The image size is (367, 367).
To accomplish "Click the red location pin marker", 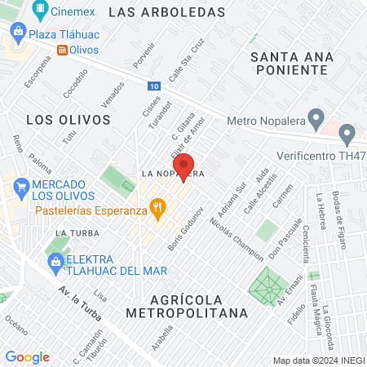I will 185,166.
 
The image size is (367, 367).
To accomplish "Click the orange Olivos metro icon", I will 63,50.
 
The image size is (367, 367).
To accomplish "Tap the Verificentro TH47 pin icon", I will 347,133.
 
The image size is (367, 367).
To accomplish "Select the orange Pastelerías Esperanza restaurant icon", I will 158,211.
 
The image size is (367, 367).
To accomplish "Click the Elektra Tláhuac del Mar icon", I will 55,261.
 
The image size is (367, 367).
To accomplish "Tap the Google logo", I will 28,356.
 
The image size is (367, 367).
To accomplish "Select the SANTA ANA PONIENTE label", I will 290,63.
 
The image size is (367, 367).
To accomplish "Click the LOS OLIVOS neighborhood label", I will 68,119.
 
